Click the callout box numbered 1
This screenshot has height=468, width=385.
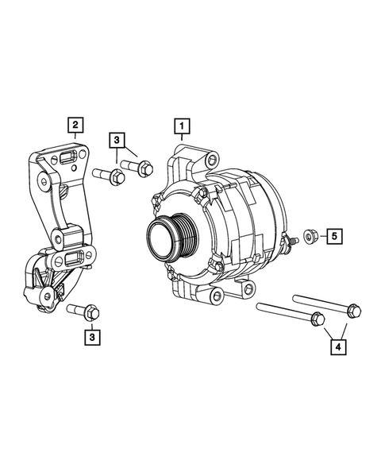coord(183,126)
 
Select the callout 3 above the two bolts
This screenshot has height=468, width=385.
coord(117,141)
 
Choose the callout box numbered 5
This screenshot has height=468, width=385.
coord(334,236)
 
